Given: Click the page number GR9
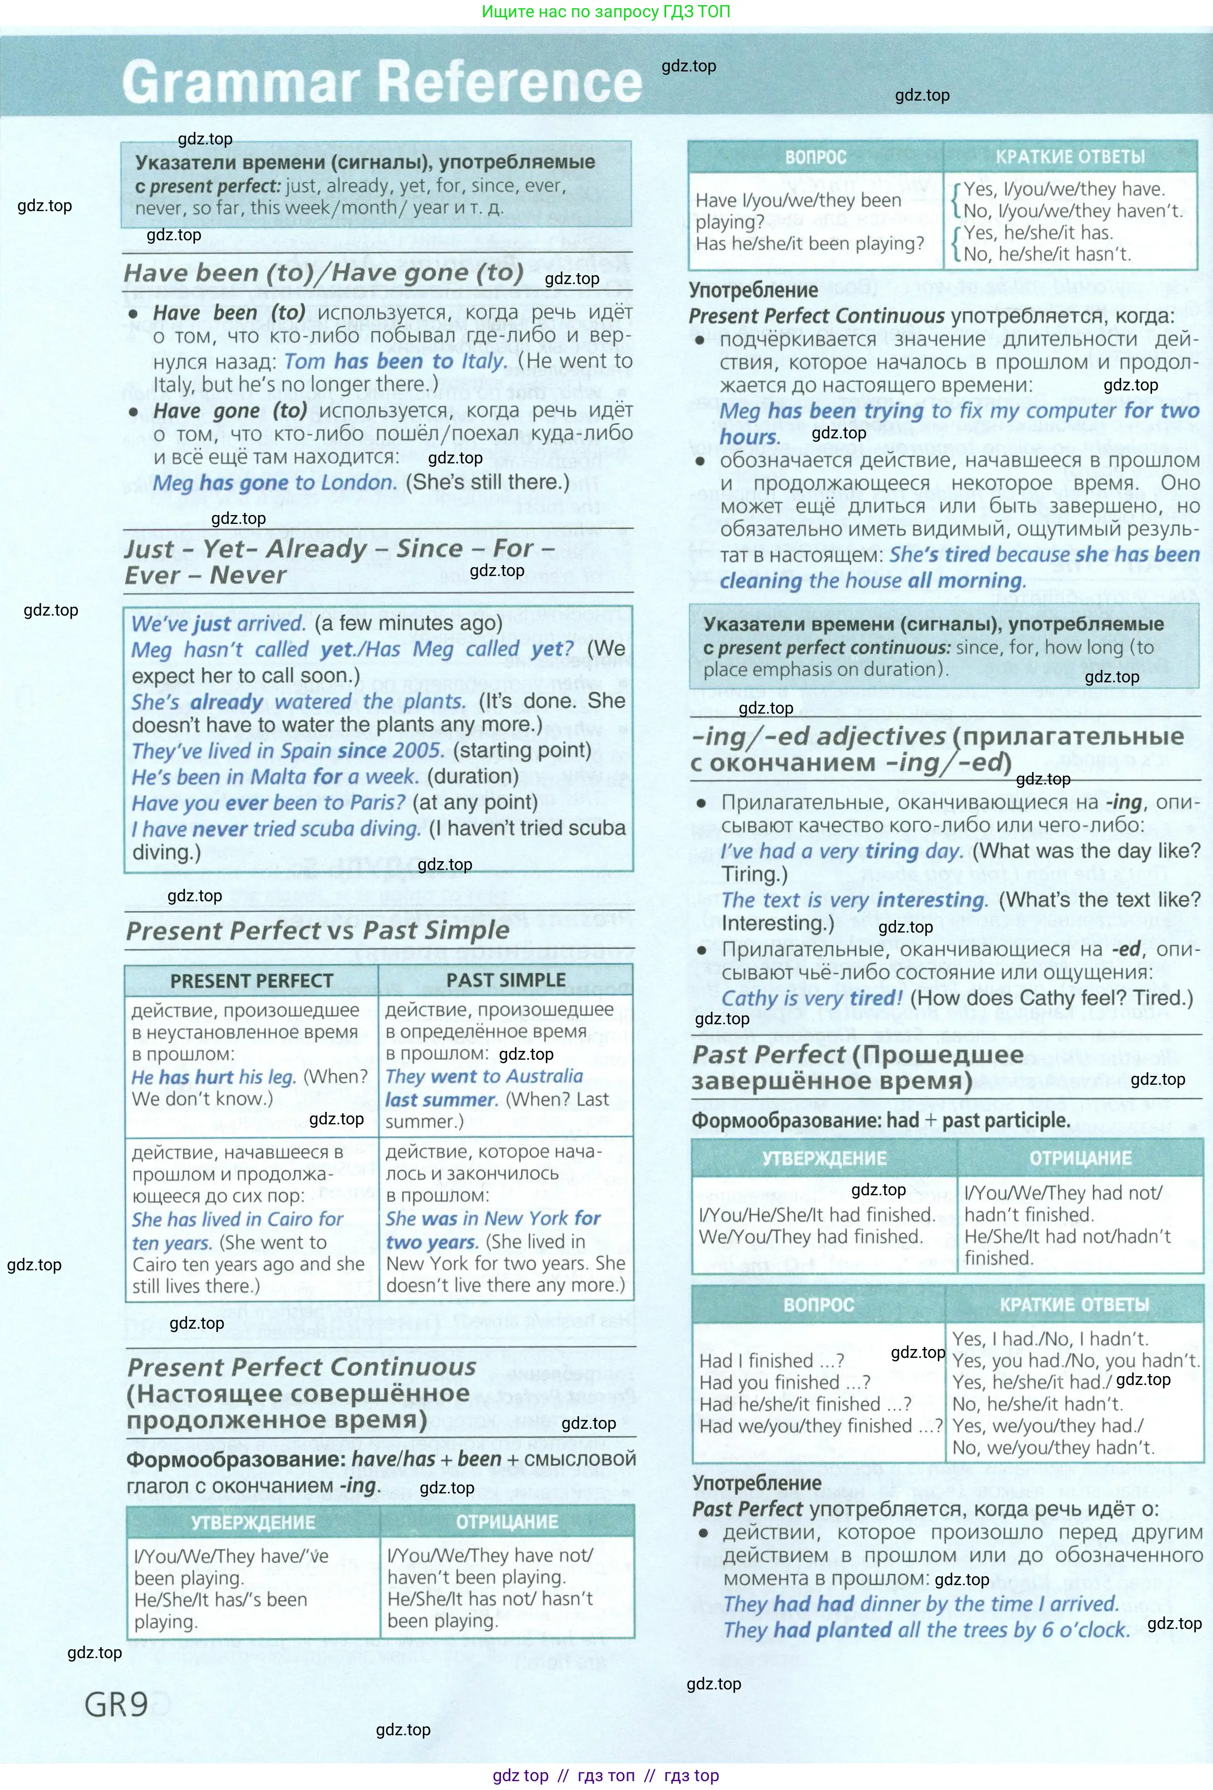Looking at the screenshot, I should tap(116, 1705).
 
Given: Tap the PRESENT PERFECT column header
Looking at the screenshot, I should tap(251, 980).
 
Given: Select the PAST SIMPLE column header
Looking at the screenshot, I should tap(506, 980).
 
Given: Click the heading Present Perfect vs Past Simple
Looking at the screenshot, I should tap(317, 930).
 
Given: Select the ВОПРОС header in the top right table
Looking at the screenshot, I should tap(816, 157).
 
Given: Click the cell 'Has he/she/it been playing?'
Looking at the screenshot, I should tap(810, 243).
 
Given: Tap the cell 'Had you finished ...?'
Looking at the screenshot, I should tap(785, 1382).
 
